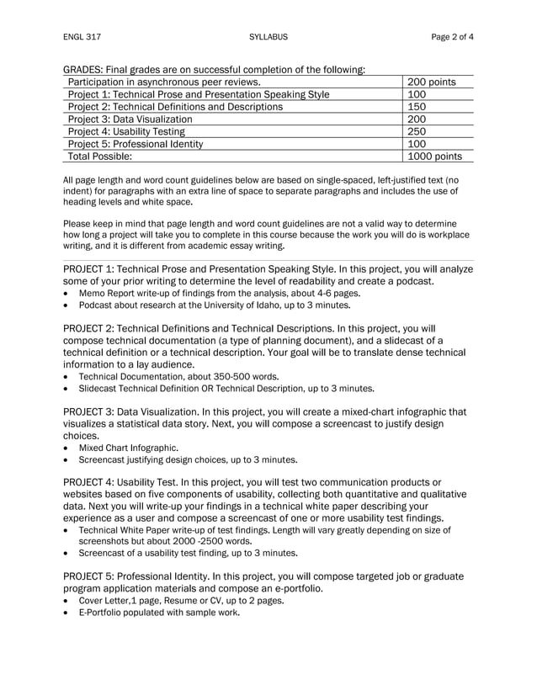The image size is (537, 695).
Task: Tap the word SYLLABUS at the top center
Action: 268,37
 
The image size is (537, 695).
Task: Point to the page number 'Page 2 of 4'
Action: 452,37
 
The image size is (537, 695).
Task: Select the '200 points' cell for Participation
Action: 431,82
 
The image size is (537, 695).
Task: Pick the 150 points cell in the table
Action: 417,107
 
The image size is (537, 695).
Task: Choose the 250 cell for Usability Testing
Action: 417,131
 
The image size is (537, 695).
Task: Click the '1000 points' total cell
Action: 434,157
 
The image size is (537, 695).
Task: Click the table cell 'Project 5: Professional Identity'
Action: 135,144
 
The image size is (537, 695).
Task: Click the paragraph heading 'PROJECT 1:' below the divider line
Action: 91,269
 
